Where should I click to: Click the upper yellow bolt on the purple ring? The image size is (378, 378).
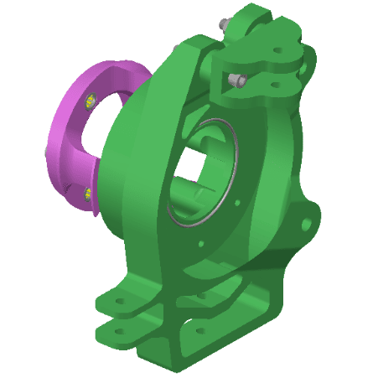pos(91,103)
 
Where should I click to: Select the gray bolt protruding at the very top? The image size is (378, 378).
pos(224,23)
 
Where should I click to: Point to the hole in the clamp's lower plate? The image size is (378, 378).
pos(272,85)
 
